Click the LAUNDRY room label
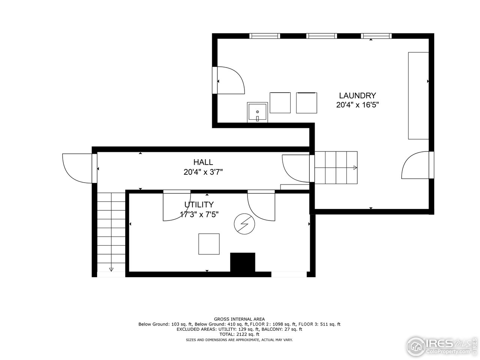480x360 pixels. click(x=357, y=95)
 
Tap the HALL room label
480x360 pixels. click(x=203, y=162)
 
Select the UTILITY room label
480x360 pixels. click(x=199, y=205)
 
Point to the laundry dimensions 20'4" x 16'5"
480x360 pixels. click(x=357, y=105)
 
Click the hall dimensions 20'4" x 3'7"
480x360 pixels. click(x=203, y=172)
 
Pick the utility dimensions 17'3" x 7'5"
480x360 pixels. click(x=199, y=215)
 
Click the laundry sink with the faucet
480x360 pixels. click(x=257, y=112)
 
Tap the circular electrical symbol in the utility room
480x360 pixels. click(x=244, y=224)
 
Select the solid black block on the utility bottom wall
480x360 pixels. click(x=243, y=262)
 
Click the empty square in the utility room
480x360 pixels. click(x=209, y=244)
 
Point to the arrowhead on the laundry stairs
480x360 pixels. click(x=355, y=168)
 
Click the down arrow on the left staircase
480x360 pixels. click(x=111, y=269)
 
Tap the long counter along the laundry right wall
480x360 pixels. click(x=418, y=96)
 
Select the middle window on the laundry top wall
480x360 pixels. click(x=321, y=36)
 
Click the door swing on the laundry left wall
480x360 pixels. click(x=229, y=80)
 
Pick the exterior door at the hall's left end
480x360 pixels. click(x=78, y=168)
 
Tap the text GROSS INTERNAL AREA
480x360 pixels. click(x=239, y=319)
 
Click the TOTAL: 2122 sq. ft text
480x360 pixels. click(x=239, y=334)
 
